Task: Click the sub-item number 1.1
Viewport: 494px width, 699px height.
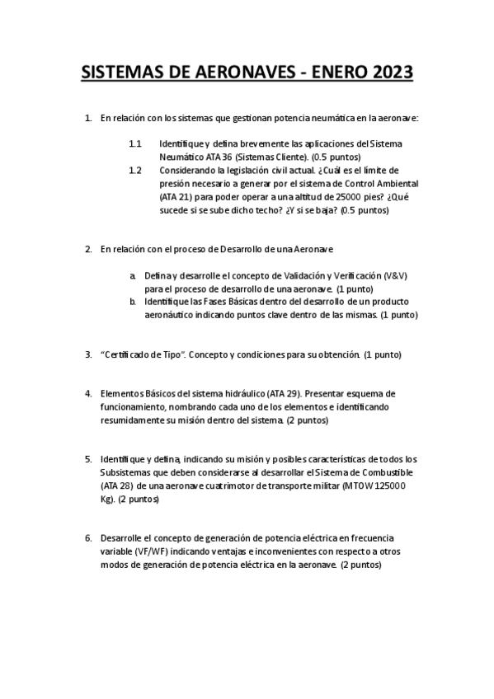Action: click(x=135, y=143)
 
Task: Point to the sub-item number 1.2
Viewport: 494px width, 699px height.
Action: click(x=135, y=170)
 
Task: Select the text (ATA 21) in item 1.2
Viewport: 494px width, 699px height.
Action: click(x=178, y=197)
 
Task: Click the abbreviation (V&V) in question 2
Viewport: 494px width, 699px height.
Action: click(x=399, y=275)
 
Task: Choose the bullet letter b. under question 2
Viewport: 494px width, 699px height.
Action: click(x=132, y=302)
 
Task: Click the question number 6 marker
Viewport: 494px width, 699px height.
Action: click(x=88, y=538)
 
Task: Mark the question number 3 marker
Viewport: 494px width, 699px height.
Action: click(x=88, y=354)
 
